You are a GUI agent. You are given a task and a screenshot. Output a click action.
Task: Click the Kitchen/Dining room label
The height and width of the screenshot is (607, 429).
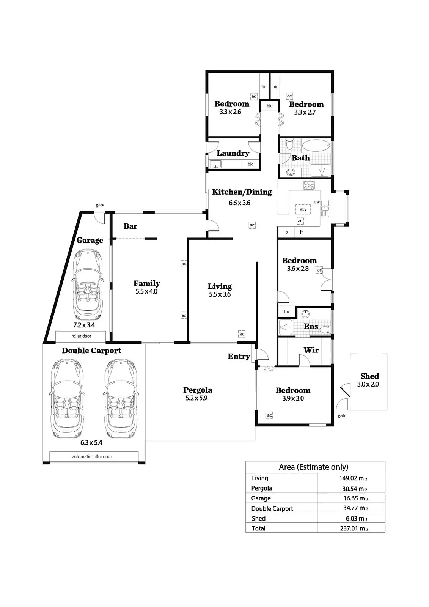[242, 192]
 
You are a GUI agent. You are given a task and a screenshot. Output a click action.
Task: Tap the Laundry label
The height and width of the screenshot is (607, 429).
[233, 153]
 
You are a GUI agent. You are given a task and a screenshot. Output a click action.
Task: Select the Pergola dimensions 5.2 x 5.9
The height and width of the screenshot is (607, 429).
[196, 398]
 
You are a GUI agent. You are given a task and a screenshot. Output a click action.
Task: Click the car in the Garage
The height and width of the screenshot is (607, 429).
[88, 285]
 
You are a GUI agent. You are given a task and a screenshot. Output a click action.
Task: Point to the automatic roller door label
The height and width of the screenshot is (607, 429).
[92, 457]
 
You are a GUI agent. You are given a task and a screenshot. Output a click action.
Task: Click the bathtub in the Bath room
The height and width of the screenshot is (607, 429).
[316, 146]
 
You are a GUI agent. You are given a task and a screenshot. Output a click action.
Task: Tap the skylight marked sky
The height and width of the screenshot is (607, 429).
[303, 209]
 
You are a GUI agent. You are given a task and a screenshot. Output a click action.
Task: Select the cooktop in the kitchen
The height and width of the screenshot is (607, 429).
[309, 186]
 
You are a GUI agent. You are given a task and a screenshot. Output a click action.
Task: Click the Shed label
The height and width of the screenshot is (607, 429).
[369, 376]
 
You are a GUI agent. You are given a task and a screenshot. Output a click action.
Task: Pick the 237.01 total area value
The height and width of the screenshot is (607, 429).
[353, 528]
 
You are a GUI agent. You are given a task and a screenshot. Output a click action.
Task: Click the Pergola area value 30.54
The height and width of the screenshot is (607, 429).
[353, 489]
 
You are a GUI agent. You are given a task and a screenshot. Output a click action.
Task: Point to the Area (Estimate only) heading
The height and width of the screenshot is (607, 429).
[313, 467]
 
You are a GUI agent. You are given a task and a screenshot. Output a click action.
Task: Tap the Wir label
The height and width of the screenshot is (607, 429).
[311, 350]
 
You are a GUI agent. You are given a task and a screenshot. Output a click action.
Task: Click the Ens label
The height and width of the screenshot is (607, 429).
[311, 326]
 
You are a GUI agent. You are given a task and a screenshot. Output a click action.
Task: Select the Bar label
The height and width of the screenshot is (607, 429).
[130, 226]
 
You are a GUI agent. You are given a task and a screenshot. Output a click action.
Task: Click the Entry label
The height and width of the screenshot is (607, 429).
[239, 356]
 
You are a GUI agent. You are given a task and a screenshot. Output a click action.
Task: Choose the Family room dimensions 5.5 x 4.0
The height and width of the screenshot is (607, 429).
[146, 292]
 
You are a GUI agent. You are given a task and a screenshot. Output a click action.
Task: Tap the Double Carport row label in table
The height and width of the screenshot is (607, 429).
[272, 508]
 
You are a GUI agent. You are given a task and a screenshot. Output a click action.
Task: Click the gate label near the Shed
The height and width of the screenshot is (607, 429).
[342, 416]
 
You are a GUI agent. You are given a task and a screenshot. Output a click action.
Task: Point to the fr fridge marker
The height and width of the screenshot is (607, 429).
[301, 232]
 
